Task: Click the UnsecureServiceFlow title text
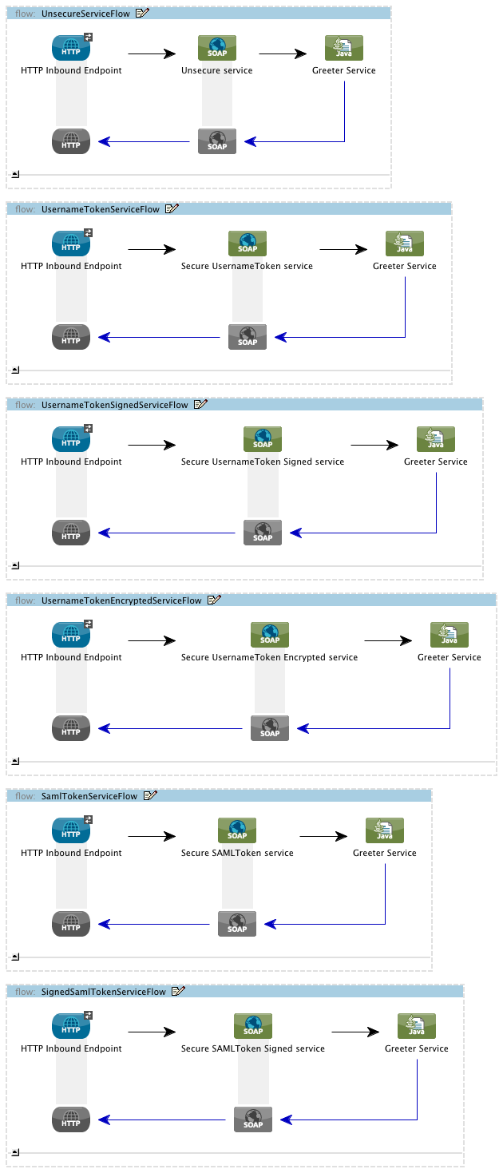(85, 14)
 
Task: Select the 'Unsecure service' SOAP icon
(217, 48)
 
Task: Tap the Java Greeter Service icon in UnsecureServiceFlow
(344, 48)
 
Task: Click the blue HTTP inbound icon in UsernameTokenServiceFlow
(71, 244)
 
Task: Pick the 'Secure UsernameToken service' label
(247, 266)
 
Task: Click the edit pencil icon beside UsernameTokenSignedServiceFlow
(200, 405)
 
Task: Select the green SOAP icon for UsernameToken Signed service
(263, 439)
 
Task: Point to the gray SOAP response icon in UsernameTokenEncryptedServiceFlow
(270, 728)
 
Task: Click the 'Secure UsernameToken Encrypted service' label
(269, 657)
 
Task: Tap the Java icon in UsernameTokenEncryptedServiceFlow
(450, 635)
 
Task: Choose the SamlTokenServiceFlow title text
(89, 796)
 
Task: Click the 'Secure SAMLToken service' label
(237, 853)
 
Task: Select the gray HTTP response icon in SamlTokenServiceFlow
(71, 924)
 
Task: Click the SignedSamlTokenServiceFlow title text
(103, 992)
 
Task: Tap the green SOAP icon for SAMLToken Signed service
(253, 1026)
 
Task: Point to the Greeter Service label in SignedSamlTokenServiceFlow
(416, 1048)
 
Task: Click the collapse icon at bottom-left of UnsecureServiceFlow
(15, 173)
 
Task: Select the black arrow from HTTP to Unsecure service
(152, 54)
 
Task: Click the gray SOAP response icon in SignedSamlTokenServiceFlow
(253, 1120)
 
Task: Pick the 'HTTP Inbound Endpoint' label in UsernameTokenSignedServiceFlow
(71, 462)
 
